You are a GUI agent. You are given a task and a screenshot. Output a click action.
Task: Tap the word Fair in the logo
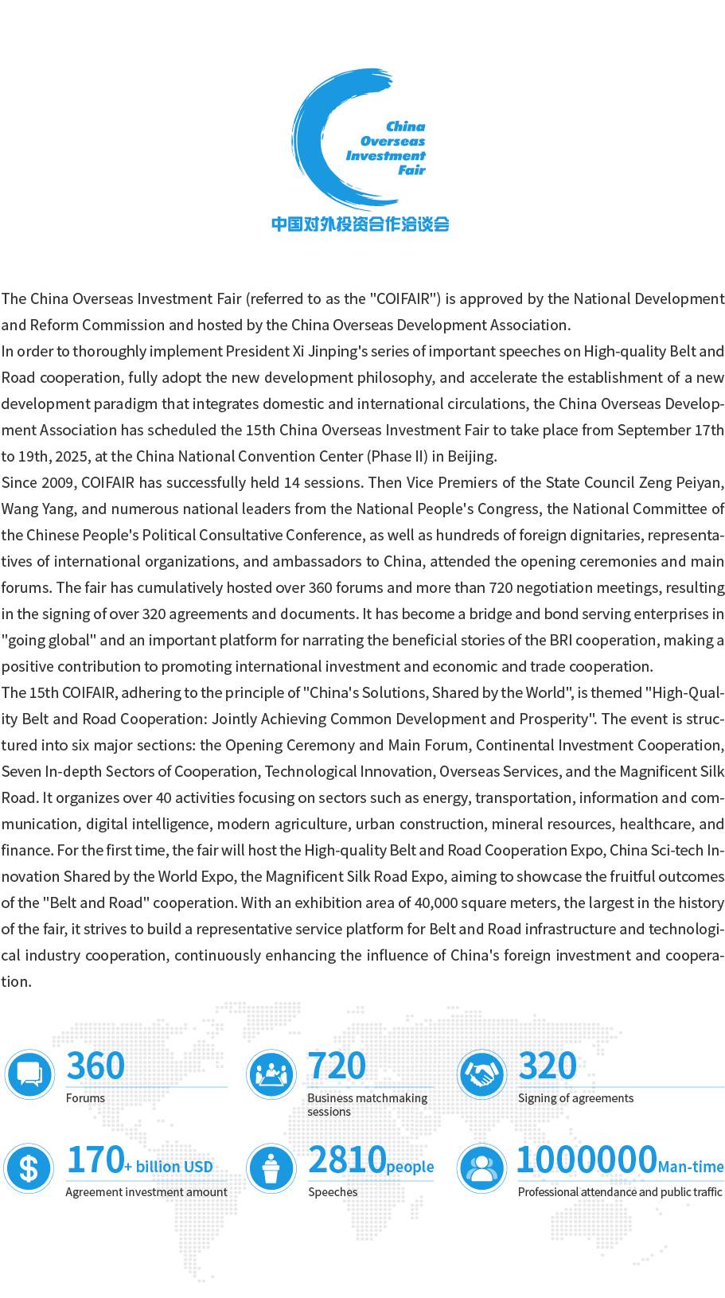coord(411,170)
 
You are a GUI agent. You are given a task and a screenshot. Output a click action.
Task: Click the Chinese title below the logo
coord(361,224)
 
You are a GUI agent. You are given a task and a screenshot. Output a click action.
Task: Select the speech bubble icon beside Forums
coord(29,1074)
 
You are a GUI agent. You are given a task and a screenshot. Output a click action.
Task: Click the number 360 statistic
coord(95,1066)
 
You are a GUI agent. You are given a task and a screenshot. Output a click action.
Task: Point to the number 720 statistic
coord(337,1066)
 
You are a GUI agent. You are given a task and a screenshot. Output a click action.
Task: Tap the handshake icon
coord(481,1074)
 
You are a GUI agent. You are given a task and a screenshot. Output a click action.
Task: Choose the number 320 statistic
coord(548,1066)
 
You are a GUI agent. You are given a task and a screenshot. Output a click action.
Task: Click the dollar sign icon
coord(29,1168)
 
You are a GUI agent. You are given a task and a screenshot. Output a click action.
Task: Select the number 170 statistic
coord(95,1160)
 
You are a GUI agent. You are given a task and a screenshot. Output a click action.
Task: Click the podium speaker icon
coord(271,1168)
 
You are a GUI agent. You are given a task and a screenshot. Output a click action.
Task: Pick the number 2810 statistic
coord(347,1160)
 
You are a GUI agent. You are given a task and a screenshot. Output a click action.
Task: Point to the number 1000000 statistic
coord(587,1160)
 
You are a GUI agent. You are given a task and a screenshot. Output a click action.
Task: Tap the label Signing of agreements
coord(575,1098)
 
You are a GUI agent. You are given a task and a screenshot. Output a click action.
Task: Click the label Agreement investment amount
coord(146,1192)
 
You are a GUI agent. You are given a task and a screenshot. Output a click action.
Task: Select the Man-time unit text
coord(691,1167)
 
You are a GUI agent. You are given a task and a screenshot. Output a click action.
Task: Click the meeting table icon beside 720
coord(271,1074)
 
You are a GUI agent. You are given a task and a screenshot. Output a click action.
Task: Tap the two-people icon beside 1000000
coord(481,1168)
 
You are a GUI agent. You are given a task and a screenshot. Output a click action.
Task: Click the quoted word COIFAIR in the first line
coord(405,299)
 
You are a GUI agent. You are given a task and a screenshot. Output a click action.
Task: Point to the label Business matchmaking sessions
coord(367,1105)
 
